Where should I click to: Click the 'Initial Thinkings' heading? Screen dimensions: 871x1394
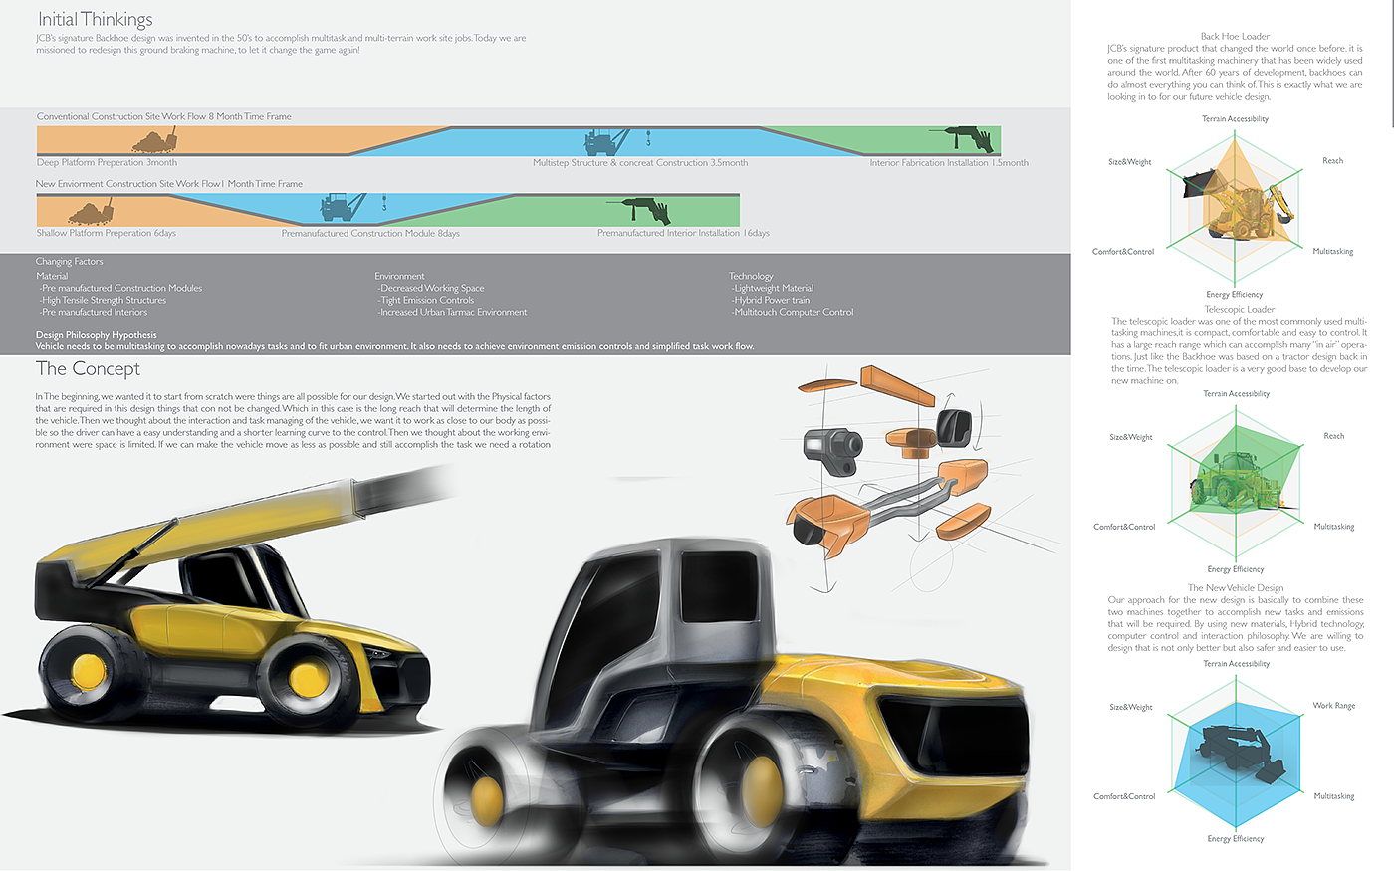[x=95, y=20]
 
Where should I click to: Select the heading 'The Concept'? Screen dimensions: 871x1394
[x=88, y=369]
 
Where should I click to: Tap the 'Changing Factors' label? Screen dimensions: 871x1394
[x=69, y=262]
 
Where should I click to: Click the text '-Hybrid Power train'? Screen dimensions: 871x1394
[x=772, y=300]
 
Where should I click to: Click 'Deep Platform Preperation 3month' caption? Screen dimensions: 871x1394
[x=107, y=163]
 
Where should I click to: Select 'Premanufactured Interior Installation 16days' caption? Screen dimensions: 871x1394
[x=683, y=234]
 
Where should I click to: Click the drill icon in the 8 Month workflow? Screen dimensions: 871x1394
[x=961, y=139]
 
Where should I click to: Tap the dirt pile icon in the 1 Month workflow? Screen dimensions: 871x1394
[x=90, y=211]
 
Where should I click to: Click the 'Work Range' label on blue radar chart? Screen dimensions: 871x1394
[x=1333, y=706]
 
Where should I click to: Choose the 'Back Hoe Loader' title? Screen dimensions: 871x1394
[x=1235, y=37]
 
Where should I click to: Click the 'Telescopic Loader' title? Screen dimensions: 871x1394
[x=1240, y=310]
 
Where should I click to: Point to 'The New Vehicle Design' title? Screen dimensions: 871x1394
[x=1236, y=588]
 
